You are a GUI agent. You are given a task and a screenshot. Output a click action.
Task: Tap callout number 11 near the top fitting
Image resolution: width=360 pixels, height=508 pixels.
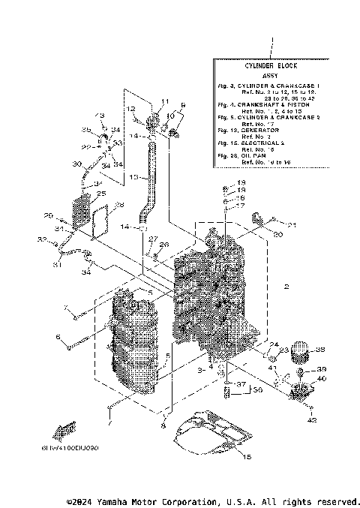166,101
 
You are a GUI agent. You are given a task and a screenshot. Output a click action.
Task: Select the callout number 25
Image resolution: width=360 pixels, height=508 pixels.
100,194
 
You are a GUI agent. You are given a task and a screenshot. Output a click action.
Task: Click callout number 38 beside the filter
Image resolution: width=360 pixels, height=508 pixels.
320,350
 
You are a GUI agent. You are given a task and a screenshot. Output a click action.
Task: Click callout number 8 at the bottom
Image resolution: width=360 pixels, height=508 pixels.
162,425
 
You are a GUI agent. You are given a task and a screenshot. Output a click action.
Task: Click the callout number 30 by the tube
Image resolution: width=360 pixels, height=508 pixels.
76,164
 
